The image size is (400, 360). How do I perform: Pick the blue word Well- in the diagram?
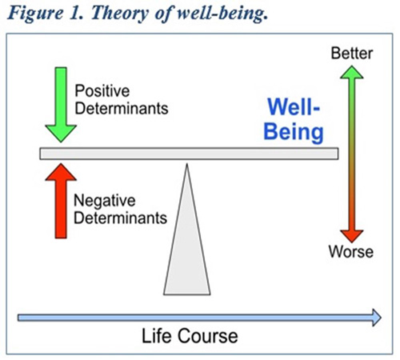pyautogui.click(x=294, y=107)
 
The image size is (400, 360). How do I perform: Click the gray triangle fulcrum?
pyautogui.click(x=187, y=240)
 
